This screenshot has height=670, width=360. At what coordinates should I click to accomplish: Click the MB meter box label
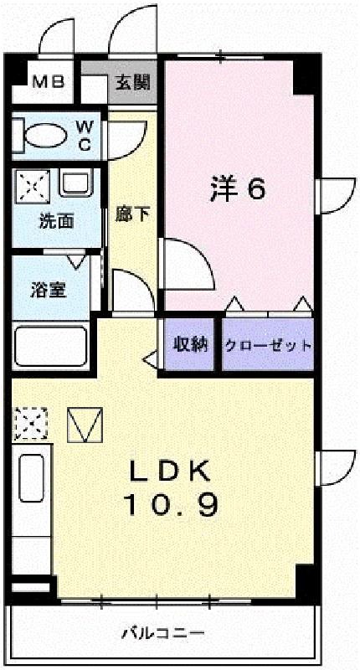pyautogui.click(x=49, y=81)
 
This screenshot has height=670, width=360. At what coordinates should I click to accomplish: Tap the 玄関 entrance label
pyautogui.click(x=133, y=81)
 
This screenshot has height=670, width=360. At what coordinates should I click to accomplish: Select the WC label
pyautogui.click(x=85, y=136)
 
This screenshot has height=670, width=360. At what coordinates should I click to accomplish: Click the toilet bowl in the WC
pyautogui.click(x=46, y=136)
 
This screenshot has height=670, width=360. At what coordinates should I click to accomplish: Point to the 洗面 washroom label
pyautogui.click(x=56, y=221)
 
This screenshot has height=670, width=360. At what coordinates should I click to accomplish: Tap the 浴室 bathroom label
pyautogui.click(x=48, y=290)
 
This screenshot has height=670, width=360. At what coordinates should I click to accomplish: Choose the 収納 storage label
pyautogui.click(x=189, y=344)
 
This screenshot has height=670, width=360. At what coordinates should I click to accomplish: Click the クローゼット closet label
pyautogui.click(x=268, y=345)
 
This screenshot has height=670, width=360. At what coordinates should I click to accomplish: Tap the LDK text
pyautogui.click(x=171, y=472)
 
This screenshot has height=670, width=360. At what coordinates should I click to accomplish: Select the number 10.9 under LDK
pyautogui.click(x=171, y=506)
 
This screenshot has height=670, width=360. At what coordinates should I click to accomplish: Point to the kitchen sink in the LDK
pyautogui.click(x=32, y=477)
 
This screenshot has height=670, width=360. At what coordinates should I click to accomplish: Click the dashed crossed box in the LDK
pyautogui.click(x=31, y=423)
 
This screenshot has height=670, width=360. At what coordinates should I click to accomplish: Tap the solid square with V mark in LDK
pyautogui.click(x=85, y=425)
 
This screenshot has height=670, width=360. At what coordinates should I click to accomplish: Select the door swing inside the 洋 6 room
pyautogui.click(x=186, y=264)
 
